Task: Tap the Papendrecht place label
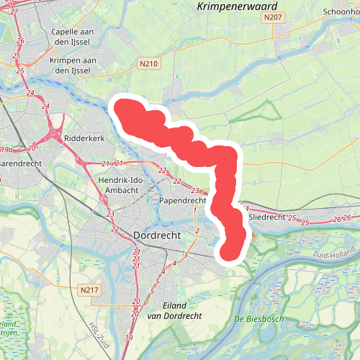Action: (x=184, y=200)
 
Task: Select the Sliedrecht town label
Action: (x=266, y=216)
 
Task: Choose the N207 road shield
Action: (x=271, y=17)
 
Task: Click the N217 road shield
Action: (x=89, y=289)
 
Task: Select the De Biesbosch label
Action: (x=259, y=318)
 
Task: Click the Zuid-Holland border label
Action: (x=332, y=254)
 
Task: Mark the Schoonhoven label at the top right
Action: (x=341, y=12)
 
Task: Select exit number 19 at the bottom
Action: (x=129, y=338)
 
